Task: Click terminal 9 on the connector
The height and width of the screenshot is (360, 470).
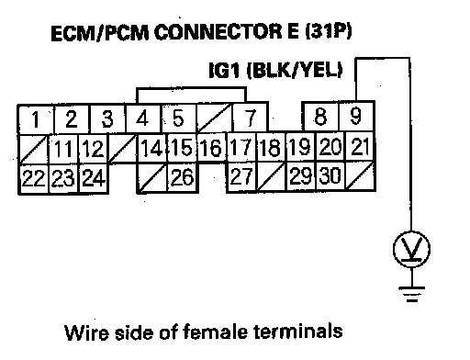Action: click(x=356, y=117)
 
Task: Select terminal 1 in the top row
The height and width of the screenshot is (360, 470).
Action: click(x=36, y=119)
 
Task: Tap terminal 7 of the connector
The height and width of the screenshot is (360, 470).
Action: click(x=250, y=118)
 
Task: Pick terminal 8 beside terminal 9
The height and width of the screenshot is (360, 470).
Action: click(x=320, y=117)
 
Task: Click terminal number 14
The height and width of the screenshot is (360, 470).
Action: click(x=152, y=148)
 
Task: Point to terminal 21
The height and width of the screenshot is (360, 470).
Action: click(x=360, y=147)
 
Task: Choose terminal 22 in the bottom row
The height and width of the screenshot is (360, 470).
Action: click(x=33, y=178)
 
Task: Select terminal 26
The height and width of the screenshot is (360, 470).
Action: click(x=183, y=177)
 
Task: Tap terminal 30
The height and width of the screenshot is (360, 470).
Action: click(x=330, y=176)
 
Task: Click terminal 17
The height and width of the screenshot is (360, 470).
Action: click(x=241, y=147)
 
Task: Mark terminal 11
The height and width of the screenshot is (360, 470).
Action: click(x=63, y=149)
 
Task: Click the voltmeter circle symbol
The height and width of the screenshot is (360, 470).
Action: click(x=411, y=250)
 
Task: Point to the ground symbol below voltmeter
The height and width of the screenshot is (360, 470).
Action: click(x=412, y=294)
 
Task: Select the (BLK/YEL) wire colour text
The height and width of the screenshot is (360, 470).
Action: click(x=295, y=71)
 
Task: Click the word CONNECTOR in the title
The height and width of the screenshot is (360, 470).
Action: click(x=218, y=32)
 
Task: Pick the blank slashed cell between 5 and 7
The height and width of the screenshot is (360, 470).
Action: click(x=215, y=118)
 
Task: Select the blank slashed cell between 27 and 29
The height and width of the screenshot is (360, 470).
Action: click(x=271, y=176)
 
